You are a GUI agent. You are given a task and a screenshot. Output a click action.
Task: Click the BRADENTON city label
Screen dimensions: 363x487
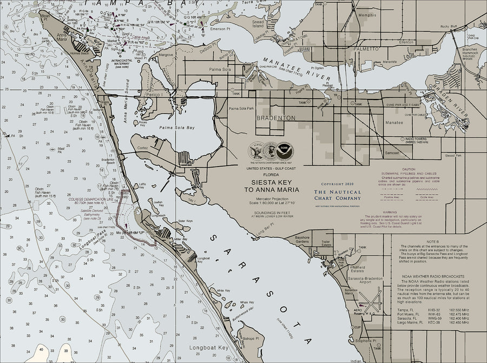(x=276, y=117)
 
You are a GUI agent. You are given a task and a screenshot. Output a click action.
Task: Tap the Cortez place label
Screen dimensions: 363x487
(x=143, y=147)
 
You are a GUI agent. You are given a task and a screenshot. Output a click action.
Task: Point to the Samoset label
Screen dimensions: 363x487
(x=392, y=153)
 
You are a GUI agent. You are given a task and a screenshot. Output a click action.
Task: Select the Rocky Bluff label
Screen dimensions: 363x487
(x=449, y=26)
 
